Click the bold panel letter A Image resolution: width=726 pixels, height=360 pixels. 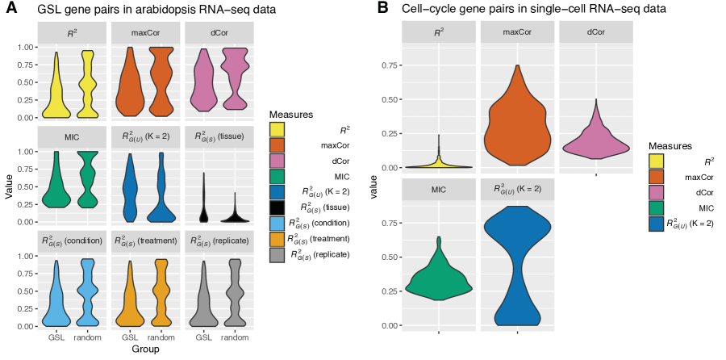point(11,9)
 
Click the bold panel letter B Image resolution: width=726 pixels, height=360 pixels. point(383,9)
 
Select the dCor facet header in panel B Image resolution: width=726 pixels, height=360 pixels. point(595,33)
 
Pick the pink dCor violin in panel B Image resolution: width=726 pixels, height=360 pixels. point(595,141)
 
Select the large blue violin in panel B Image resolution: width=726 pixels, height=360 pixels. point(516,266)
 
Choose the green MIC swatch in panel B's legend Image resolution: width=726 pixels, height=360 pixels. point(661,207)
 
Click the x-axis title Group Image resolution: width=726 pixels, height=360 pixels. point(146,350)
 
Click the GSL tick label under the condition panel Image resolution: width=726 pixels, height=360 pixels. point(56,337)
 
